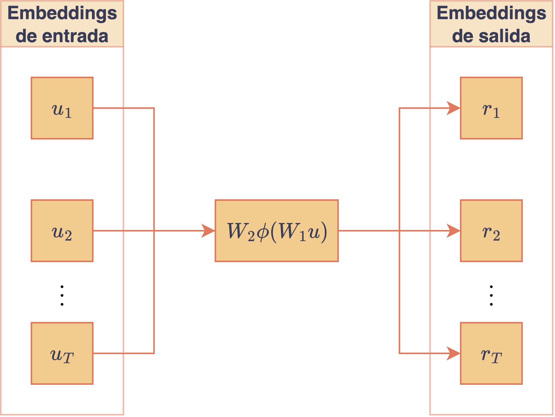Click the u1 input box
[x=62, y=108]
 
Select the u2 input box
[x=62, y=231]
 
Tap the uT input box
[x=62, y=353]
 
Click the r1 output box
[x=491, y=108]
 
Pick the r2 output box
[x=491, y=231]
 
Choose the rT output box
[x=491, y=353]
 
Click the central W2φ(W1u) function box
[x=277, y=231]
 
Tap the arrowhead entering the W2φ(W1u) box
[x=208, y=231]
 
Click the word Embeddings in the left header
[x=62, y=13]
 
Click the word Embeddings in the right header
[x=491, y=13]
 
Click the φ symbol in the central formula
[x=263, y=232]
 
